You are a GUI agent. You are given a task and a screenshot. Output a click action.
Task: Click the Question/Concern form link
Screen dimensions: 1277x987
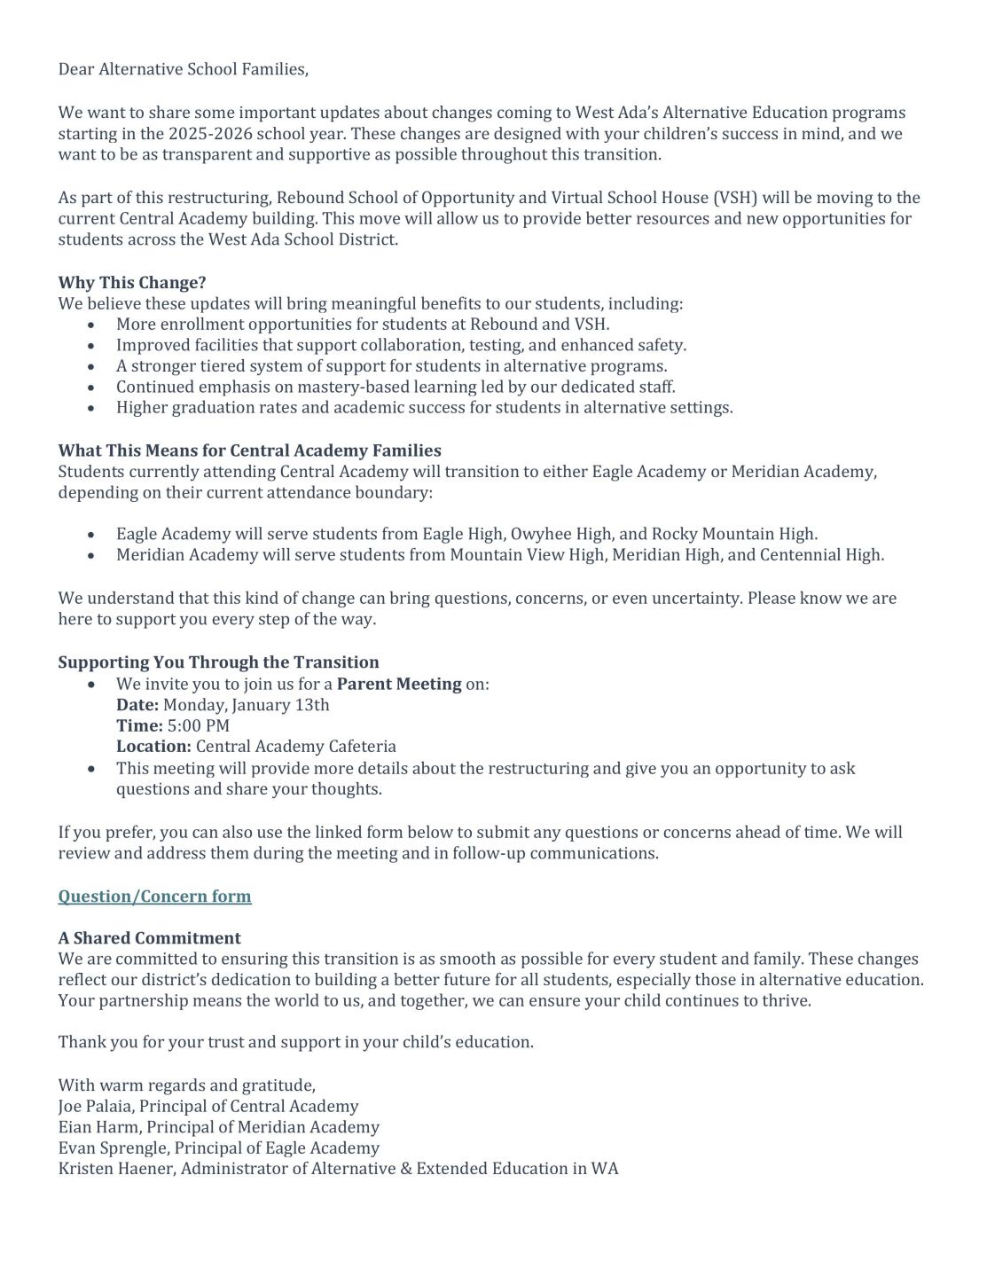click(x=154, y=897)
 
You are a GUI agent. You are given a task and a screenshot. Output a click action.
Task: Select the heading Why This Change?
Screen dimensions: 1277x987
click(x=132, y=283)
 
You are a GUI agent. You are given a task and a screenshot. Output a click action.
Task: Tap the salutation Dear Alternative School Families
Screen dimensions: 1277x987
click(x=183, y=69)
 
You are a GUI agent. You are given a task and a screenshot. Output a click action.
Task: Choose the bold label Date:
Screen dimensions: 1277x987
click(x=137, y=705)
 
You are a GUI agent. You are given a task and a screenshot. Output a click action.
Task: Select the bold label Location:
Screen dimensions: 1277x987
click(x=153, y=747)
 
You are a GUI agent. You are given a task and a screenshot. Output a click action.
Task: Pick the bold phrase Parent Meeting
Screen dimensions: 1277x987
click(x=399, y=684)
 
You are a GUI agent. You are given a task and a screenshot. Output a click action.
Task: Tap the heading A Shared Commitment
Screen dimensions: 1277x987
click(x=149, y=938)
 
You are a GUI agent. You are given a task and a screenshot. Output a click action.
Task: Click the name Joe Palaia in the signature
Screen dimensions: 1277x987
click(x=95, y=1107)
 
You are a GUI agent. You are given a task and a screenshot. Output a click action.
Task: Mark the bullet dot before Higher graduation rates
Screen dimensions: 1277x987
click(x=92, y=408)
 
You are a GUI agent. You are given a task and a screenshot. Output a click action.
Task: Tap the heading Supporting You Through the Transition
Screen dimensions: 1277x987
click(x=218, y=662)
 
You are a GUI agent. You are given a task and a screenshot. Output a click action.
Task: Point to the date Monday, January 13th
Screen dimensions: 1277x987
click(x=247, y=705)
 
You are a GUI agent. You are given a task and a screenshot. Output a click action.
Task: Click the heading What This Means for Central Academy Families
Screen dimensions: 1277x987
click(x=249, y=450)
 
